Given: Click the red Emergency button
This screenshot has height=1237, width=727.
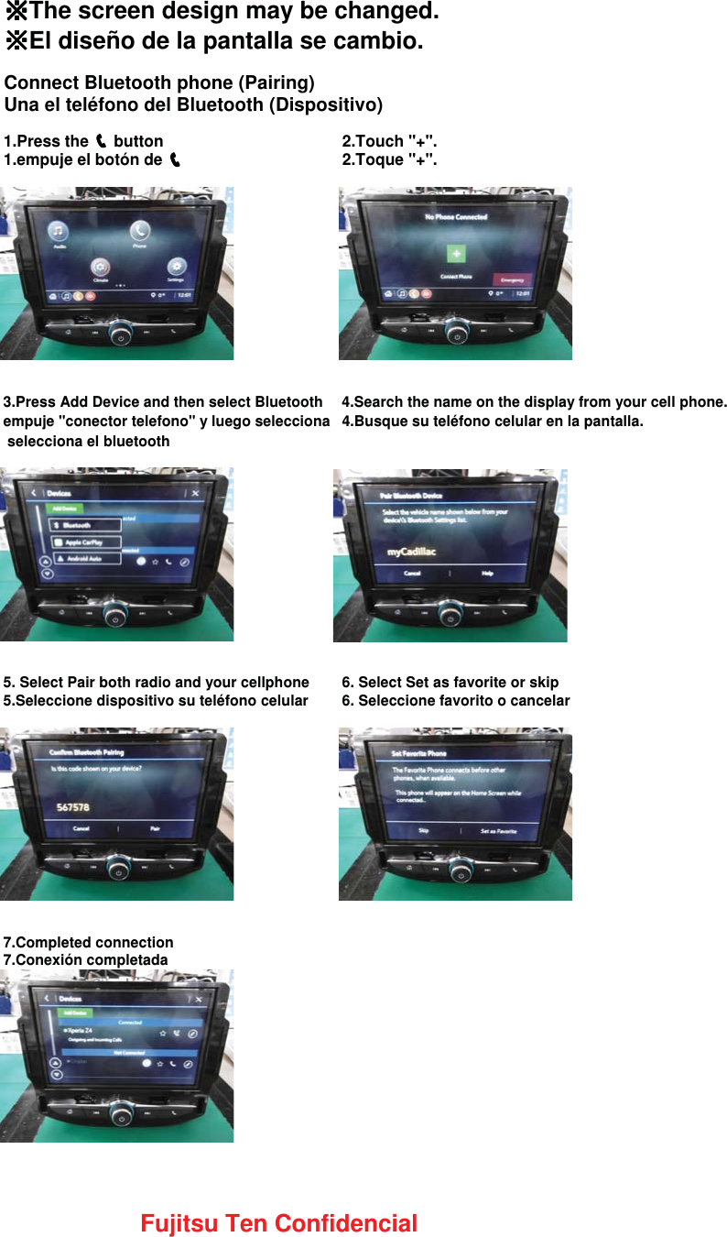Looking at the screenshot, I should [x=512, y=279].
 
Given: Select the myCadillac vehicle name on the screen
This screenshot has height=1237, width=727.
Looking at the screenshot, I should [x=411, y=553].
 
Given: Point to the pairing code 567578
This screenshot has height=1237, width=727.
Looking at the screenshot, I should [x=73, y=807].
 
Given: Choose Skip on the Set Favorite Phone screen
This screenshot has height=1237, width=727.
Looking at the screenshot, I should [x=423, y=830].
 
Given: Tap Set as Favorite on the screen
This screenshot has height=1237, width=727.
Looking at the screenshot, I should [x=498, y=831].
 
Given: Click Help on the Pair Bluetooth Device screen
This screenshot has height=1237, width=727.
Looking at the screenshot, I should [x=487, y=573].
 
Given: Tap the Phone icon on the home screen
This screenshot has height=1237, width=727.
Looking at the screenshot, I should [x=139, y=232].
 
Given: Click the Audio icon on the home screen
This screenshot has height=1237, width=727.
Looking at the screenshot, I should [x=60, y=232].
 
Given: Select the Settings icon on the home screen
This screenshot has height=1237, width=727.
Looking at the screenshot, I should [x=175, y=267].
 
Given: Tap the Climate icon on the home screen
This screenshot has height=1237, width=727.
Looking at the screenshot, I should [x=100, y=268].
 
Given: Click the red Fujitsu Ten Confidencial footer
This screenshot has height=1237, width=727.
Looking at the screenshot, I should [x=278, y=1223].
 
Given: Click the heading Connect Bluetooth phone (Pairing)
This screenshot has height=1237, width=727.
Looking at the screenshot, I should [x=159, y=82].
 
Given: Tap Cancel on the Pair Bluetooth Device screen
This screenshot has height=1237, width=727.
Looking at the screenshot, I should [x=412, y=573].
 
